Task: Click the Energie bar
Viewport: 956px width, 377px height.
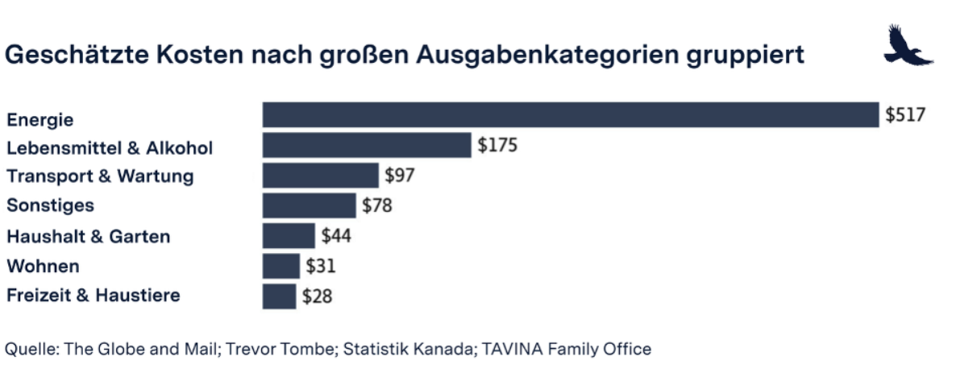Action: click(x=570, y=114)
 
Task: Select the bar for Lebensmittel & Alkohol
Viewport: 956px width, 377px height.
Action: click(x=367, y=145)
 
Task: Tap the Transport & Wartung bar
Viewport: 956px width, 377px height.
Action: click(x=320, y=176)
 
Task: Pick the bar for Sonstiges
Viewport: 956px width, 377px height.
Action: click(x=309, y=205)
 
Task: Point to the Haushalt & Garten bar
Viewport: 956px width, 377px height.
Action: click(x=289, y=236)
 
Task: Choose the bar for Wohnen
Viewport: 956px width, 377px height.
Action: click(x=281, y=266)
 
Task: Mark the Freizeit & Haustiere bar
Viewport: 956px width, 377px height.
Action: click(x=279, y=296)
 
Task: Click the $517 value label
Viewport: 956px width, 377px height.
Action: click(x=905, y=114)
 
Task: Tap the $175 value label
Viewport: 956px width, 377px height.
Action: click(x=497, y=145)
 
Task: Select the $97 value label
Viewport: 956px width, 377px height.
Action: click(x=400, y=176)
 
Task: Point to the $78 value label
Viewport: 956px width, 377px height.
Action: click(x=376, y=205)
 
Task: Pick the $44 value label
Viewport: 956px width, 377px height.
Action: click(x=336, y=236)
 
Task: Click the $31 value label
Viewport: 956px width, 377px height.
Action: click(x=320, y=266)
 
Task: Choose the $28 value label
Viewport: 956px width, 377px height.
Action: click(x=317, y=296)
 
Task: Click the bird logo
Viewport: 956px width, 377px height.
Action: click(x=907, y=46)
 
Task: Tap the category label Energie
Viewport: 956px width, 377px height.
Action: click(x=40, y=120)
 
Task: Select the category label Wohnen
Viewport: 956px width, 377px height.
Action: click(x=43, y=266)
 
